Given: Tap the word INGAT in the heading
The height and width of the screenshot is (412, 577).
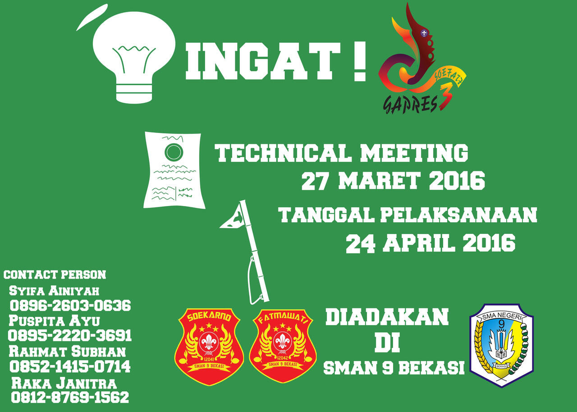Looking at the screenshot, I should pyautogui.click(x=262, y=62).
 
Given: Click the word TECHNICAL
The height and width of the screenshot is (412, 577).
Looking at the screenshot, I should pyautogui.click(x=283, y=153).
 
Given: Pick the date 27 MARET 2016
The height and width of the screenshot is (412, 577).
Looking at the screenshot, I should pyautogui.click(x=392, y=181).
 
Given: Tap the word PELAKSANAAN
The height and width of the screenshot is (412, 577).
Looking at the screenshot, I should pyautogui.click(x=458, y=215).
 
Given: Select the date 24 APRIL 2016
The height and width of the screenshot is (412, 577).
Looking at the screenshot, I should pyautogui.click(x=430, y=243).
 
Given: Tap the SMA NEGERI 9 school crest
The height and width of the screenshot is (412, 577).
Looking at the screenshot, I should pyautogui.click(x=501, y=345).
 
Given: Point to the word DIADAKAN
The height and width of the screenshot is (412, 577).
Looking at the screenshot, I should pyautogui.click(x=387, y=317).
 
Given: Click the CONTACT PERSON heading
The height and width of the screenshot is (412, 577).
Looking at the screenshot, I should pyautogui.click(x=55, y=275).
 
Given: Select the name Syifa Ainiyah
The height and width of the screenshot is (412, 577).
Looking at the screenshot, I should pyautogui.click(x=54, y=290).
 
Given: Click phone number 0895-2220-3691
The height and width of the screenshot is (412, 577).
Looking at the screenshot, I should pyautogui.click(x=70, y=335).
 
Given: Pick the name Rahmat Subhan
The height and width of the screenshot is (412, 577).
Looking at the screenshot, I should pyautogui.click(x=67, y=351).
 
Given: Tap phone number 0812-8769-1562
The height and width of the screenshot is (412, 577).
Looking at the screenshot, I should pyautogui.click(x=70, y=397).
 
